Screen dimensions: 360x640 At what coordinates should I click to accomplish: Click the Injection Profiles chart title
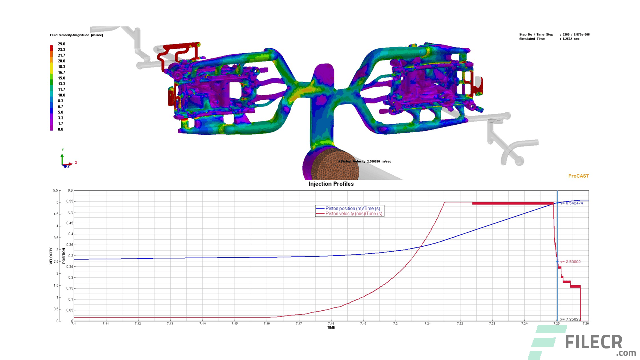[331, 184]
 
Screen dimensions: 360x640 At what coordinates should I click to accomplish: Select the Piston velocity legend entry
[354, 213]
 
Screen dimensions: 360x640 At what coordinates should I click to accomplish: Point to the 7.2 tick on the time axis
[395, 324]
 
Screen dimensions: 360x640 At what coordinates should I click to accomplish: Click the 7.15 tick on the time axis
[234, 324]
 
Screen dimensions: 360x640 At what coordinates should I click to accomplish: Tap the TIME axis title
[331, 328]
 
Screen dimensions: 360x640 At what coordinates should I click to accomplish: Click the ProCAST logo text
[579, 176]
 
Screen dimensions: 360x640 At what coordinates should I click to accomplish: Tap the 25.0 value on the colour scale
[62, 44]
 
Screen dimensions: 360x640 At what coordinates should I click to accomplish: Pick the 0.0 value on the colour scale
[60, 129]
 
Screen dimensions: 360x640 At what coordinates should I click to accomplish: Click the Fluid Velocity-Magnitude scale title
[76, 35]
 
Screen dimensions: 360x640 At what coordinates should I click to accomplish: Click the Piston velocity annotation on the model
[365, 162]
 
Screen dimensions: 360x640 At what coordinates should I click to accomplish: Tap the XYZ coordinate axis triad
[64, 160]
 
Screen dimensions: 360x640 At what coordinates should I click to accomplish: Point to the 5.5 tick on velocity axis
[56, 190]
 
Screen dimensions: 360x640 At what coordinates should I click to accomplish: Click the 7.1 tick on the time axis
[74, 324]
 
